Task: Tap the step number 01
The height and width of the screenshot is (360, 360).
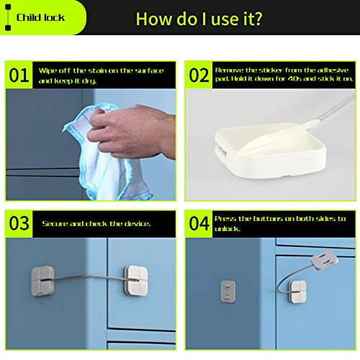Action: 19,75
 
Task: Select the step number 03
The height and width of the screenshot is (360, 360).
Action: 19,223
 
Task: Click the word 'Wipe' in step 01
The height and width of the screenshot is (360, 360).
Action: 50,70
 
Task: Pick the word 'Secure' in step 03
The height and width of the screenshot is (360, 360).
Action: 55,224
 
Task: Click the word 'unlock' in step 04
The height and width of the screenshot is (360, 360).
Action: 230,229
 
